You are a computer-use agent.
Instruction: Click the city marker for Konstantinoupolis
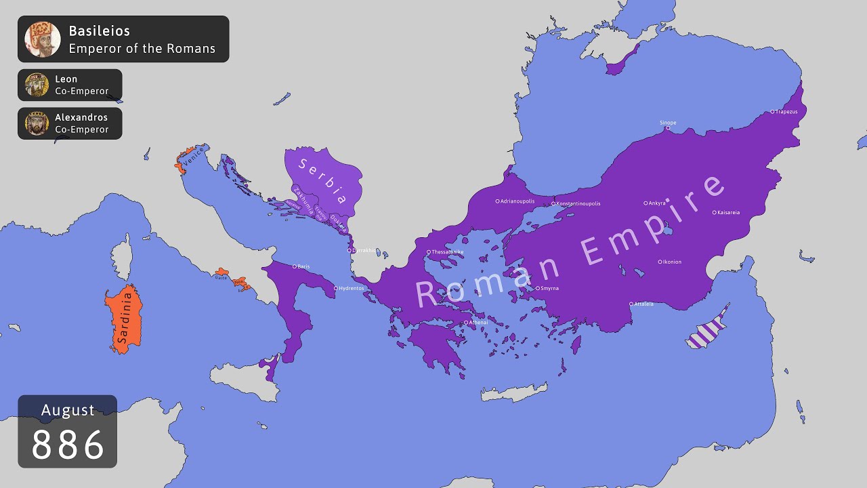(x=553, y=203)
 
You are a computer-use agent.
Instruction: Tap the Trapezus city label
(x=786, y=111)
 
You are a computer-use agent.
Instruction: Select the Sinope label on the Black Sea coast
(x=668, y=123)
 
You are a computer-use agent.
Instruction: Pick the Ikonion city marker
(x=660, y=262)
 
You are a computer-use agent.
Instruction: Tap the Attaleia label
(x=644, y=304)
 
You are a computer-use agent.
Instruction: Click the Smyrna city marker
(x=538, y=288)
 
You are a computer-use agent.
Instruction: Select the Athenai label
(x=478, y=322)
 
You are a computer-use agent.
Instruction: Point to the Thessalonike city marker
(x=428, y=252)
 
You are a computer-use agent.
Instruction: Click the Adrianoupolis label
(x=518, y=201)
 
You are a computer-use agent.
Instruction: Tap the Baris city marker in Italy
(x=294, y=266)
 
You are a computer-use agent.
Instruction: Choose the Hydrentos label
(x=352, y=288)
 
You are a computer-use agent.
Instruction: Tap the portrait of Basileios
(x=43, y=39)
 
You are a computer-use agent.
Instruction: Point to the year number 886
(x=68, y=445)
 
